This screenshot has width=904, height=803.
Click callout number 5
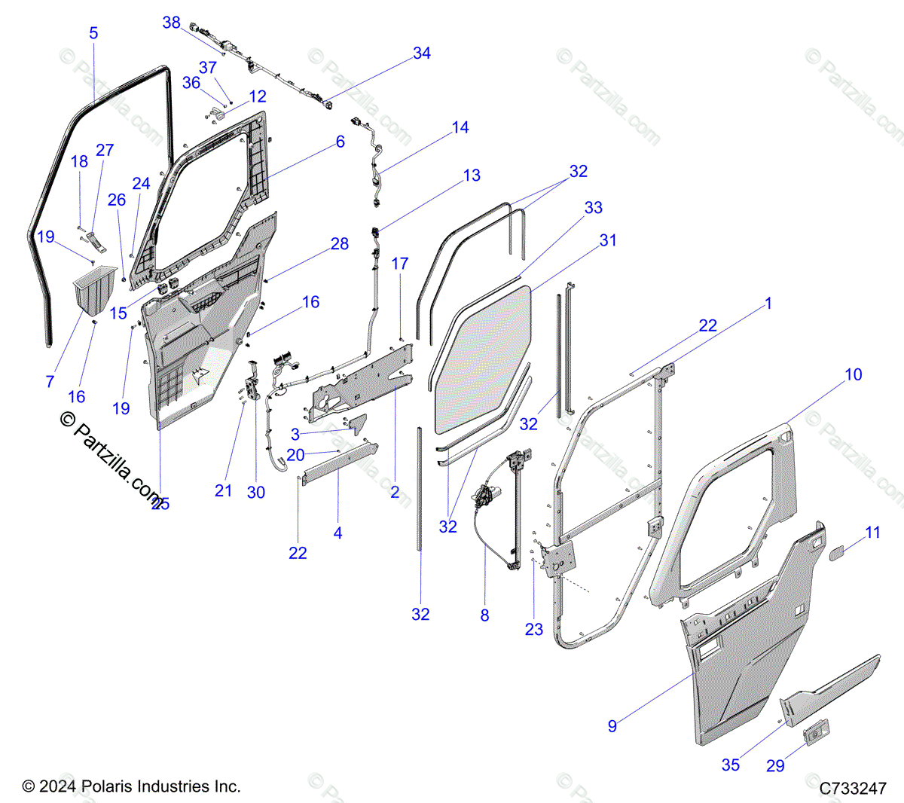93,33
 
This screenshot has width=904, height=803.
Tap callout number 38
172,23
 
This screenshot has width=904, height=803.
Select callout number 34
422,53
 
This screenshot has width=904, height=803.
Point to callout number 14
460,128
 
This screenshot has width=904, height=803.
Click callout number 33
594,207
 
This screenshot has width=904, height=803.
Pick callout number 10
853,374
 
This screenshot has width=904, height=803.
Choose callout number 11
872,533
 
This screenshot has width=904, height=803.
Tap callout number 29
775,765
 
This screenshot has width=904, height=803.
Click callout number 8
484,615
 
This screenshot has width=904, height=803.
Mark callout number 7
50,381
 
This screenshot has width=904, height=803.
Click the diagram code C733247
853,789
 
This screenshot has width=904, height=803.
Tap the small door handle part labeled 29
816,733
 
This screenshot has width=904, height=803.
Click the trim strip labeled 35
829,685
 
